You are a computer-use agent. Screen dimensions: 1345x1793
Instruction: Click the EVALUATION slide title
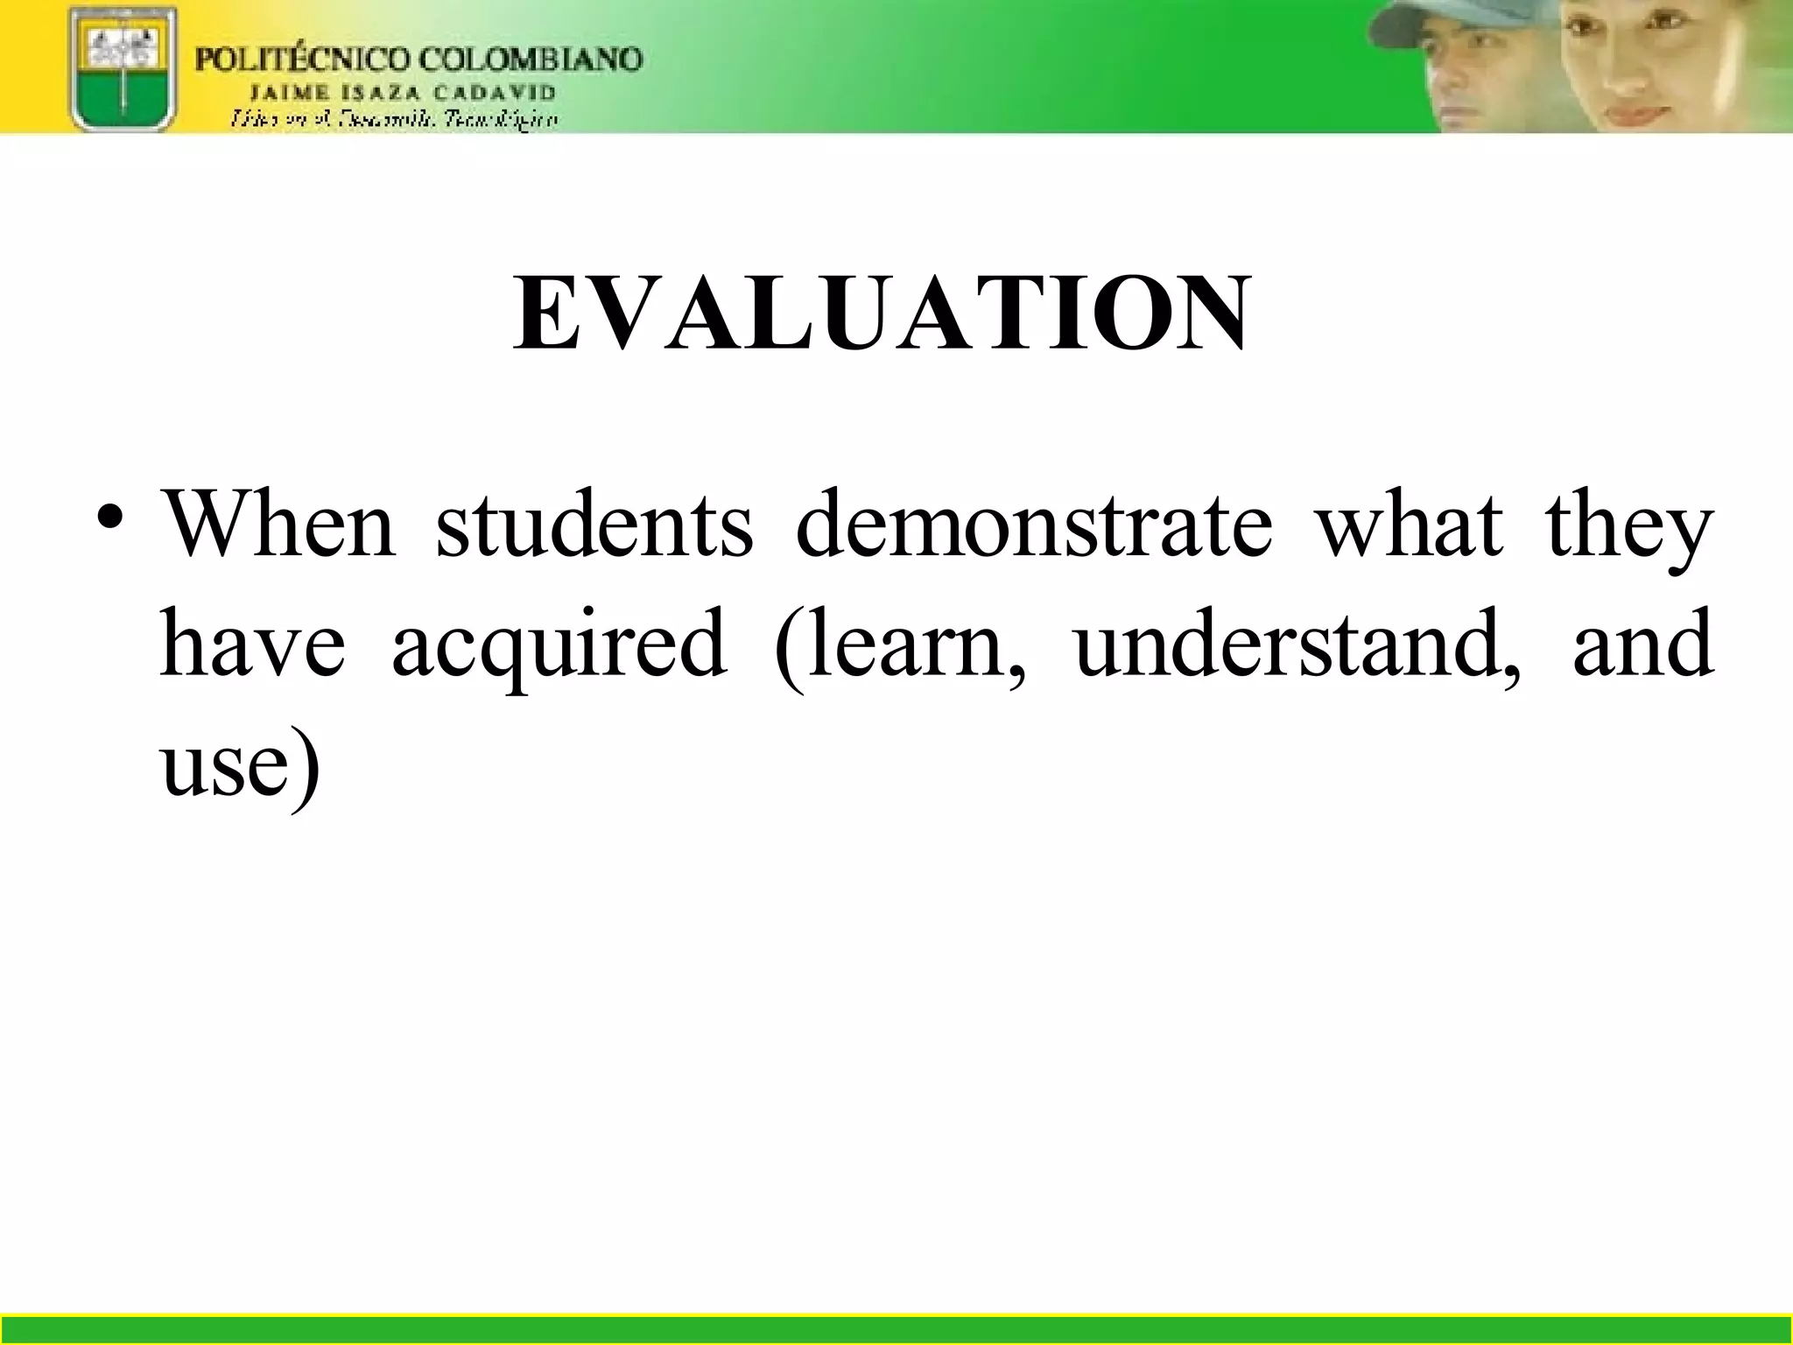click(882, 313)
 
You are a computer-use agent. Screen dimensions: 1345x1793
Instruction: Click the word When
click(278, 525)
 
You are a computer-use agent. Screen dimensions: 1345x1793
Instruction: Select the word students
click(594, 525)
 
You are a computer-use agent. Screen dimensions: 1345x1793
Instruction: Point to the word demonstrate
click(1034, 525)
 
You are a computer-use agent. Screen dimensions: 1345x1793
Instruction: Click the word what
click(1410, 525)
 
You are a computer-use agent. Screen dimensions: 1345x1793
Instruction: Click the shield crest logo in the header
click(123, 68)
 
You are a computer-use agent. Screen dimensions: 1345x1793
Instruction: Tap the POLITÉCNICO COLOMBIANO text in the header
click(418, 60)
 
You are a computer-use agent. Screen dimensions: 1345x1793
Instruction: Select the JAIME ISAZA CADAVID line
click(403, 92)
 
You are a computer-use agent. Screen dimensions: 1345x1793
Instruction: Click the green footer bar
click(896, 1328)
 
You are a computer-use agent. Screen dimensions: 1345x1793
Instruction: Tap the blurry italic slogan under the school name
click(394, 119)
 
